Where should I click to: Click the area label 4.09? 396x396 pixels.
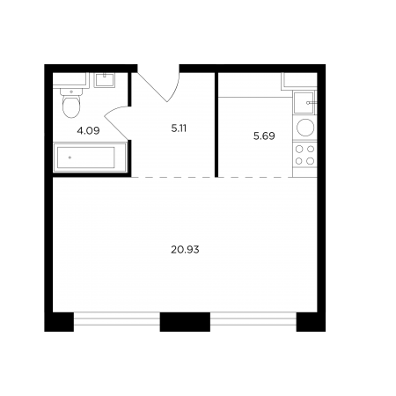click(88, 130)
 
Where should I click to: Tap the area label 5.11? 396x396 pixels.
click(179, 128)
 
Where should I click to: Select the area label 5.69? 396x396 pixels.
click(264, 136)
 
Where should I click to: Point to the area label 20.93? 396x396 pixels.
click(185, 250)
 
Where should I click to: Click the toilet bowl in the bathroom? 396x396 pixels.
click(71, 107)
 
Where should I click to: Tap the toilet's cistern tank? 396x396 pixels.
click(71, 92)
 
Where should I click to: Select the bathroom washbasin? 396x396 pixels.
click(104, 80)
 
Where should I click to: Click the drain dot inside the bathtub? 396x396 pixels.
click(70, 158)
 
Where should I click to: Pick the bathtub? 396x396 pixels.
click(90, 158)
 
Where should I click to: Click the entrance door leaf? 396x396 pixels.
click(152, 87)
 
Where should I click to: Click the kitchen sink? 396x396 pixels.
click(304, 103)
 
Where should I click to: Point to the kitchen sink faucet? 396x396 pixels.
click(312, 103)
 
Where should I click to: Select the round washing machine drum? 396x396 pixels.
click(305, 128)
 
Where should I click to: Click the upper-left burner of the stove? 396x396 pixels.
click(299, 150)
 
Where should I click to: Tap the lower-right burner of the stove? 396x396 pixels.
click(311, 161)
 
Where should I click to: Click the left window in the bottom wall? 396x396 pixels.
click(117, 319)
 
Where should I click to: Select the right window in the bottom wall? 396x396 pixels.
click(253, 319)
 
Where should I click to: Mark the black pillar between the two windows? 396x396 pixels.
click(185, 322)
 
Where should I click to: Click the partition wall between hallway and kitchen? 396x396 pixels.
click(216, 125)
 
